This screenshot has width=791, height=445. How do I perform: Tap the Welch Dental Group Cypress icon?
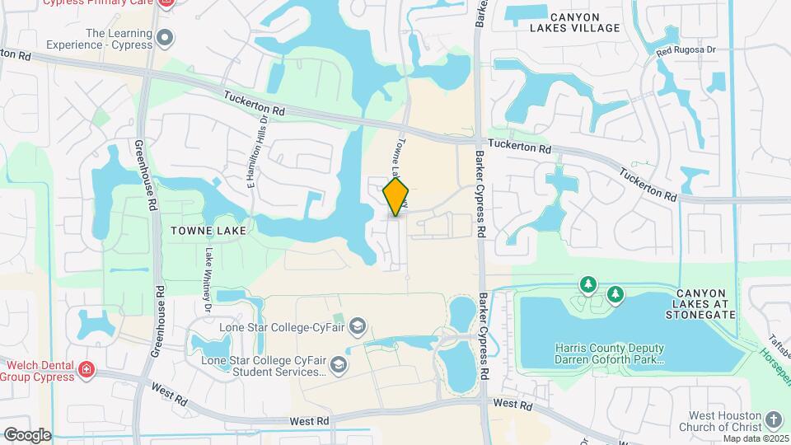86,371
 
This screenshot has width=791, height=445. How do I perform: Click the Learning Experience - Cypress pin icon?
166,37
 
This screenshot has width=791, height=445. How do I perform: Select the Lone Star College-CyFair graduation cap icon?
357,327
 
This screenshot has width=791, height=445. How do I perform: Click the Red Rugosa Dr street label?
687,51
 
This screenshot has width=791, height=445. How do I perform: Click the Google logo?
27,434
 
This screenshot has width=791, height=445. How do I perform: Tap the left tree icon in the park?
587,285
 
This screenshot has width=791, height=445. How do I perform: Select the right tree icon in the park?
615,294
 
